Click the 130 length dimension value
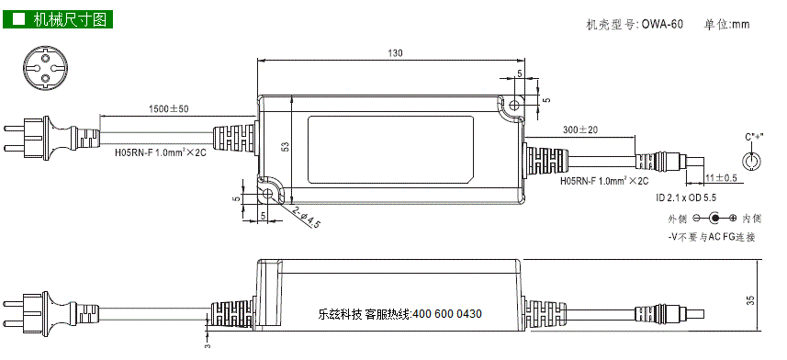pyautogui.click(x=396, y=52)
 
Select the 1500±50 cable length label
pyautogui.click(x=169, y=108)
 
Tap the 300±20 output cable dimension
pyautogui.click(x=580, y=129)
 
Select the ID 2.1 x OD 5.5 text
pyautogui.click(x=686, y=197)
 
